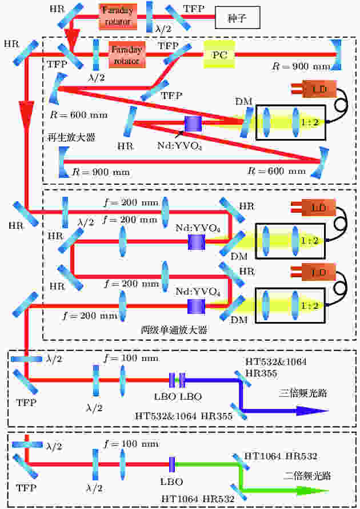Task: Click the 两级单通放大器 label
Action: point(174,330)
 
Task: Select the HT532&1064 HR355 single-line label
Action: point(183,416)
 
